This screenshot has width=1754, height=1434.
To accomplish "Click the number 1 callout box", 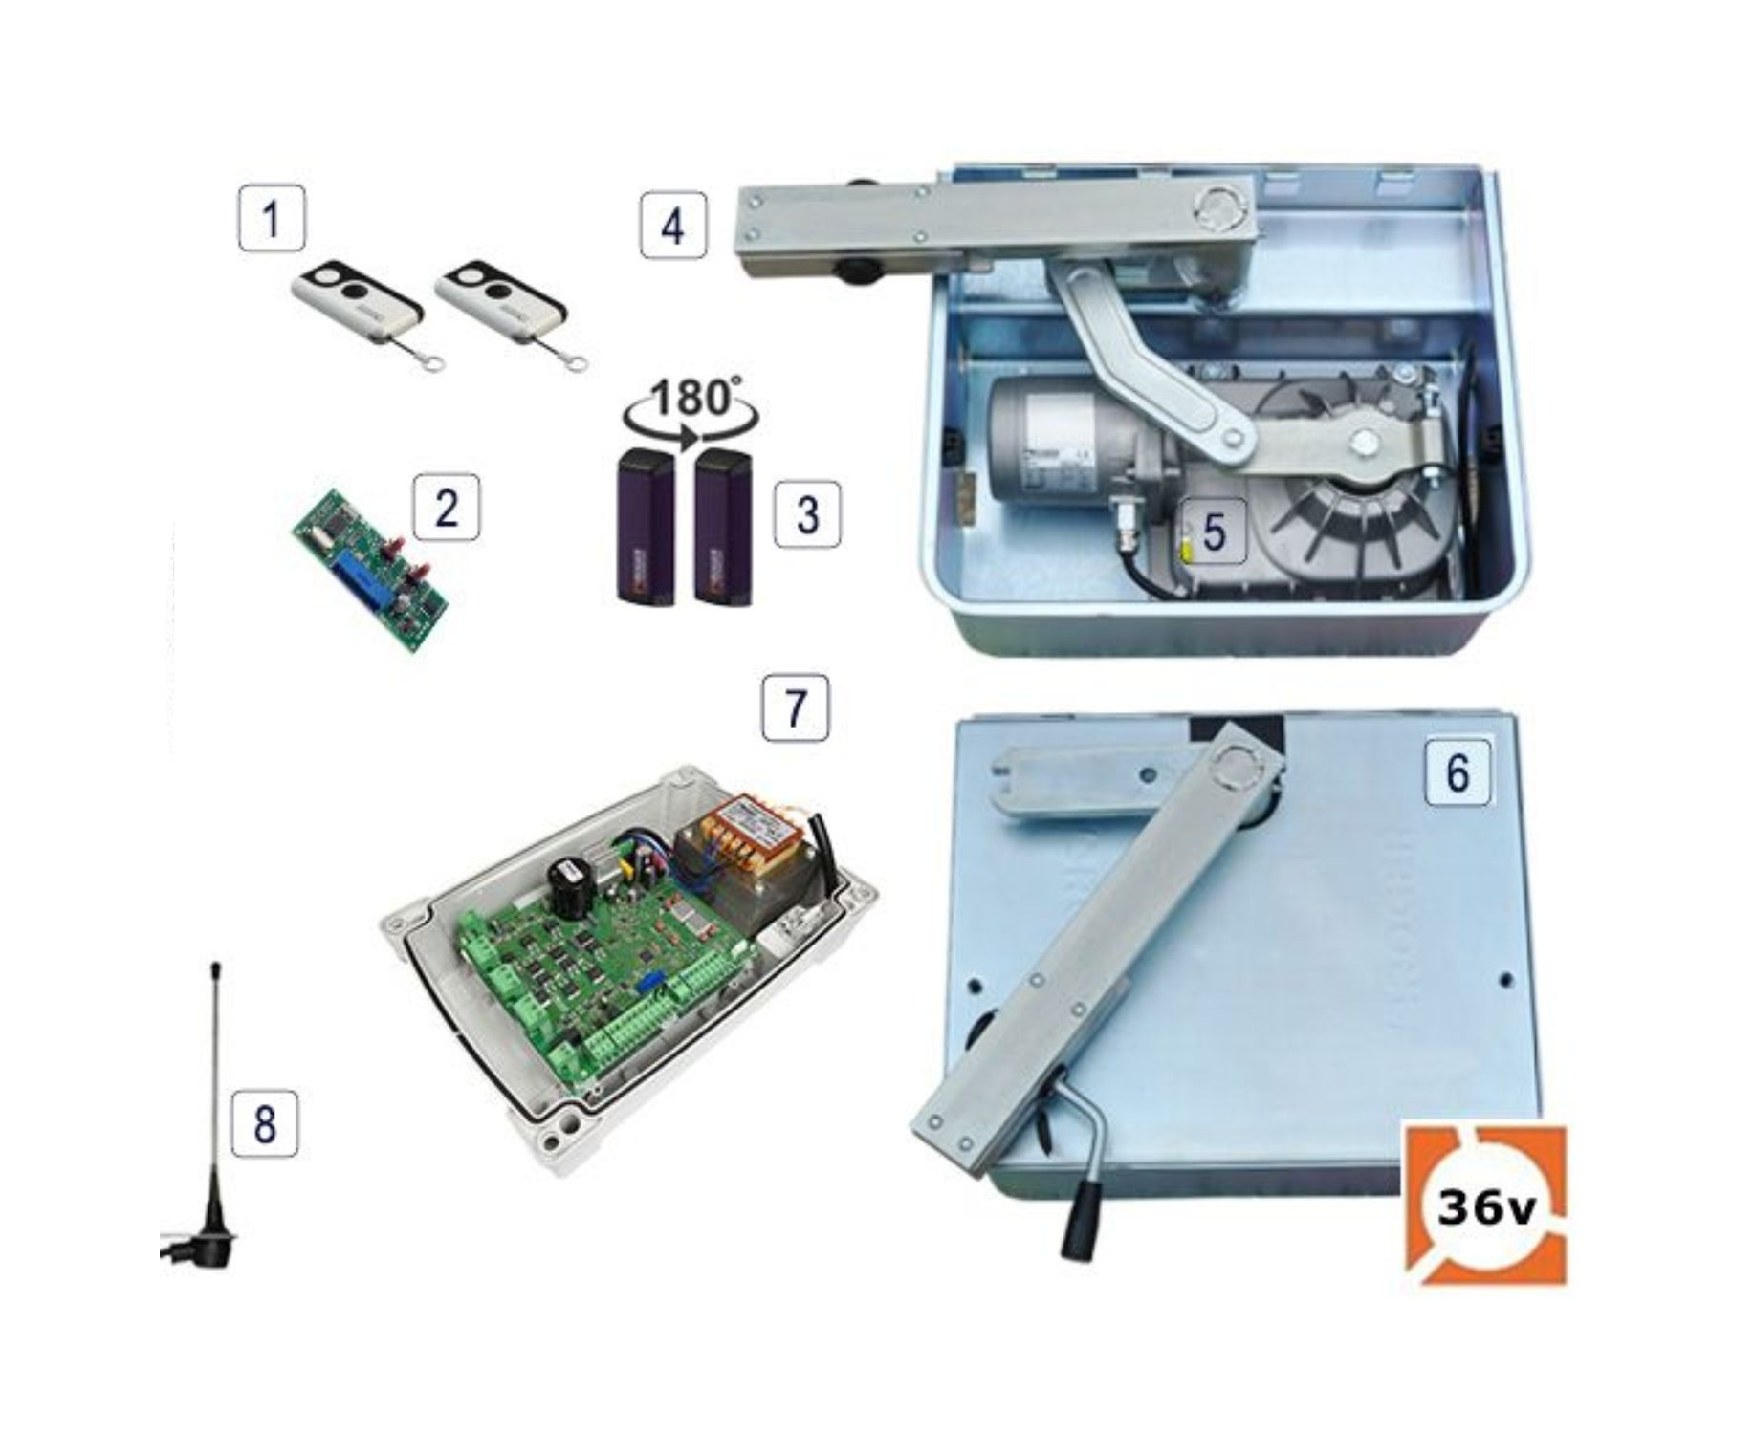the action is coord(272,219).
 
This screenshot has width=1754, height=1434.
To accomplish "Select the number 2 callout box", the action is coord(447,507).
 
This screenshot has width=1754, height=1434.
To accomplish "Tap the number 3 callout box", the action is coord(808,514).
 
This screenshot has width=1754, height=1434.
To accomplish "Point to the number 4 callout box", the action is coord(673,226).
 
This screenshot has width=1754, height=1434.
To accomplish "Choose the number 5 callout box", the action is coord(1214,531).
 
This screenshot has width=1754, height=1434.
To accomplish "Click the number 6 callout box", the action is coord(1458,771).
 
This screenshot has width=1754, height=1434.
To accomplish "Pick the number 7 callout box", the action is coord(795,708).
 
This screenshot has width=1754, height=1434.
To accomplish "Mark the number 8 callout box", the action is coord(265,1123).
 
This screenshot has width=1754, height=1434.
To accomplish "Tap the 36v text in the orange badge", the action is coord(1485,1209).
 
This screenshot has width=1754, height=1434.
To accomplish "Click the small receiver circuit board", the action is coord(371,570).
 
